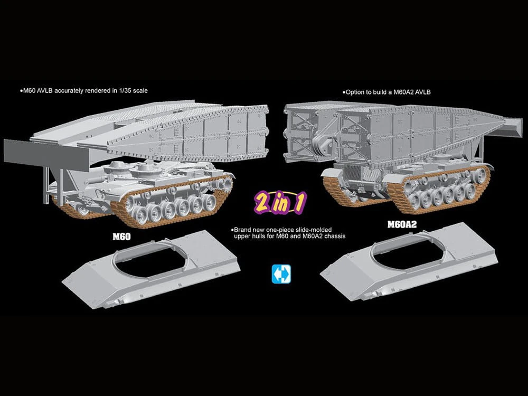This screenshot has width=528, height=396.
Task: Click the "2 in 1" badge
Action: tap(280, 203)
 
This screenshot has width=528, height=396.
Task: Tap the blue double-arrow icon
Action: tap(281, 274)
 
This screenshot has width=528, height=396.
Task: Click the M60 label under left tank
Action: tap(121, 237)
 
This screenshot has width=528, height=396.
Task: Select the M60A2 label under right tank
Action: tap(402, 224)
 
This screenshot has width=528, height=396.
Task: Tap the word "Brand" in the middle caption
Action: tap(242, 230)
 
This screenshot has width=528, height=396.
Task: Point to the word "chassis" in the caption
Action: tap(335, 236)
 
